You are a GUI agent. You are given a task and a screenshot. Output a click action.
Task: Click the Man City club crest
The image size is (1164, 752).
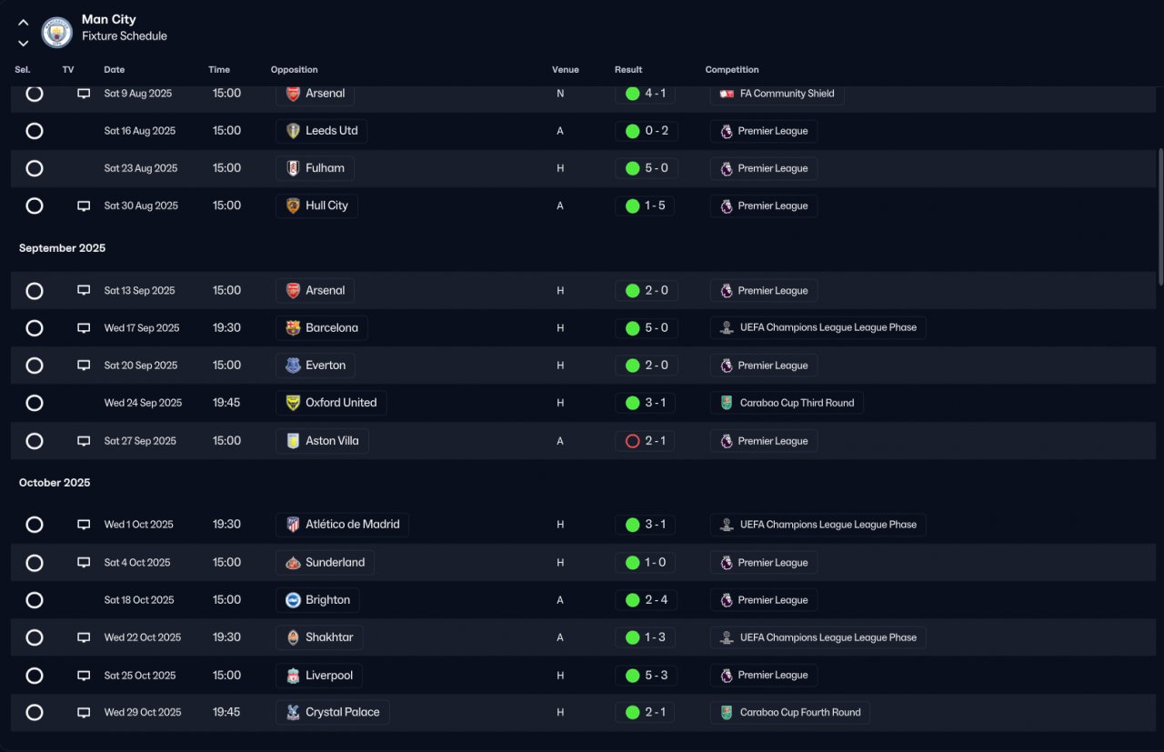pyautogui.click(x=56, y=32)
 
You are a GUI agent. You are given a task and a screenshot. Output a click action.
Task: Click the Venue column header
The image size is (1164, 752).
pyautogui.click(x=565, y=70)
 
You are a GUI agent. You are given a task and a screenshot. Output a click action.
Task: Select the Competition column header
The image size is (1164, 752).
pyautogui.click(x=732, y=70)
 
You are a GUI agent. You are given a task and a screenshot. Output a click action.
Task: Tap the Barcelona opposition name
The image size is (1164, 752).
pyautogui.click(x=332, y=328)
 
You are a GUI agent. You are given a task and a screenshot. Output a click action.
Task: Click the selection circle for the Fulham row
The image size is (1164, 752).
pyautogui.click(x=35, y=168)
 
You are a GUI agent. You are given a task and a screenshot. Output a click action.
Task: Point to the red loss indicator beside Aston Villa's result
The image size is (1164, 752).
pyautogui.click(x=632, y=441)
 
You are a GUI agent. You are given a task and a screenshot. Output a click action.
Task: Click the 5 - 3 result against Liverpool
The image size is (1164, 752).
pyautogui.click(x=657, y=675)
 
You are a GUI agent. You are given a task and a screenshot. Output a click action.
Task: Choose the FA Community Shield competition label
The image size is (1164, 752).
pyautogui.click(x=787, y=94)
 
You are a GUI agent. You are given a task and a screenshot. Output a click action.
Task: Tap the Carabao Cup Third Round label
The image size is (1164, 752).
pyautogui.click(x=797, y=403)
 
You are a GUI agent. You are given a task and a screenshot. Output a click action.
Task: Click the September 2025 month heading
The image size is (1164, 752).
pyautogui.click(x=63, y=248)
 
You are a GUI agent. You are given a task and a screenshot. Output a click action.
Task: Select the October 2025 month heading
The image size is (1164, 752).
pyautogui.click(x=55, y=483)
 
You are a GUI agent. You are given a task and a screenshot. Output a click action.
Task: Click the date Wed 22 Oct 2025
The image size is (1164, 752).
pyautogui.click(x=143, y=637)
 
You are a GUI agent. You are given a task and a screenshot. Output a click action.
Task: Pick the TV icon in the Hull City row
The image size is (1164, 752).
pyautogui.click(x=84, y=206)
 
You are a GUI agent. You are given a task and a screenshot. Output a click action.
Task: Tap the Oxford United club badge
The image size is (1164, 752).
pyautogui.click(x=293, y=403)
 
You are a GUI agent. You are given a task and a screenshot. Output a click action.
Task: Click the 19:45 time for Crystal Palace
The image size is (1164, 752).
pyautogui.click(x=226, y=712)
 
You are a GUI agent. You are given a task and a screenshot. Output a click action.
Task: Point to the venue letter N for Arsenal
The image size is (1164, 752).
pyautogui.click(x=560, y=94)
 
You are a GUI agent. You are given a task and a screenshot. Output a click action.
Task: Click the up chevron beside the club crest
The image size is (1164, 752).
pyautogui.click(x=24, y=23)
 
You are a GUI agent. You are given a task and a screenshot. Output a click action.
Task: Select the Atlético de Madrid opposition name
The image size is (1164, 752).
pyautogui.click(x=352, y=525)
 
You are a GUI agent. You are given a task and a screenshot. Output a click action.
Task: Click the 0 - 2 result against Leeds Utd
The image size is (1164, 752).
pyautogui.click(x=657, y=131)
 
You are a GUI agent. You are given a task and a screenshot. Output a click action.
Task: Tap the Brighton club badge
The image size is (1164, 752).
pyautogui.click(x=293, y=600)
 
